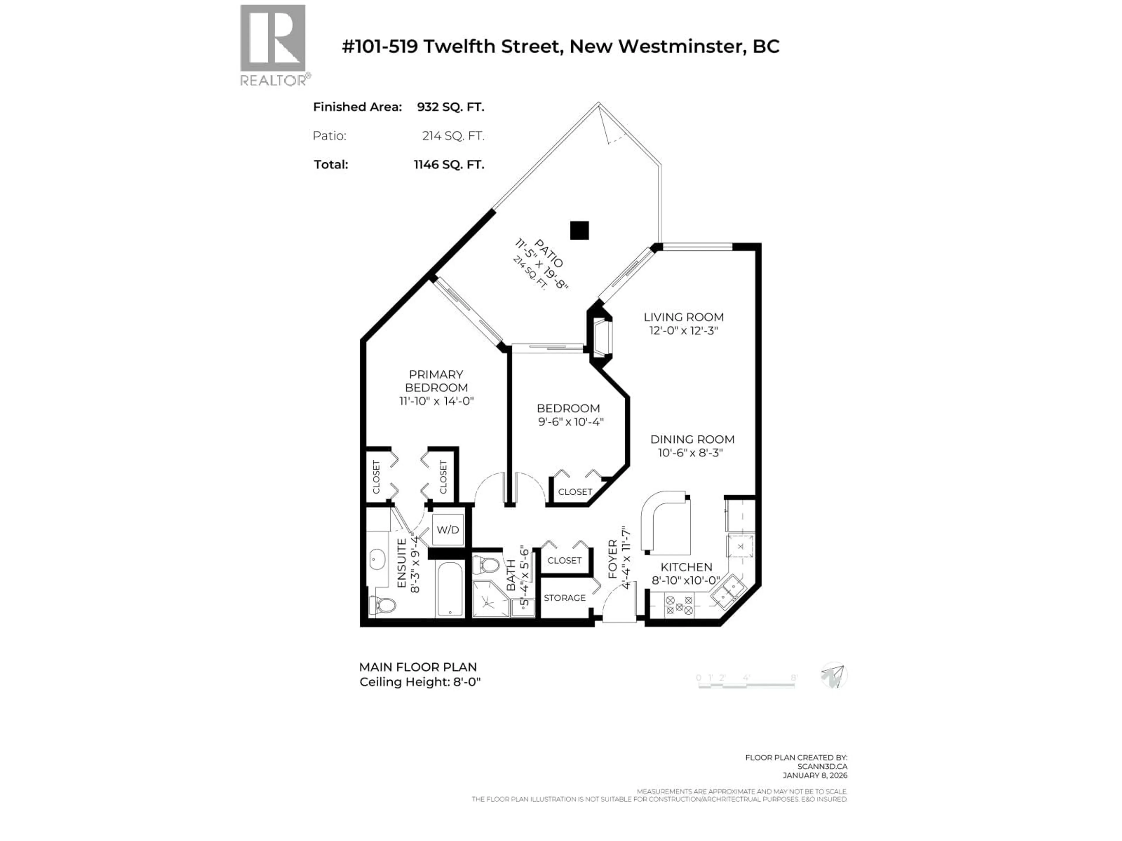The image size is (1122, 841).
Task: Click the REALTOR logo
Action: pyautogui.click(x=273, y=45)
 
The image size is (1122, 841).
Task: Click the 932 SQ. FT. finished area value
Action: pyautogui.click(x=451, y=107)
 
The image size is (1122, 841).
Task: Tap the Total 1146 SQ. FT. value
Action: pyautogui.click(x=449, y=165)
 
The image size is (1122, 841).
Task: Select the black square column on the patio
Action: pyautogui.click(x=579, y=230)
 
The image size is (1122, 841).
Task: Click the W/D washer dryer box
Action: pyautogui.click(x=447, y=530)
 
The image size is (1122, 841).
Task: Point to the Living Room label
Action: pyautogui.click(x=683, y=317)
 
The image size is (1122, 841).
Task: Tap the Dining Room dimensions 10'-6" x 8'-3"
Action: pyautogui.click(x=690, y=453)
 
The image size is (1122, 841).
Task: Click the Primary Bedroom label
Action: pyautogui.click(x=436, y=381)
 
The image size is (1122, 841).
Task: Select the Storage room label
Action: pyautogui.click(x=565, y=598)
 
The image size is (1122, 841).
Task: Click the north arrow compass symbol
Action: pyautogui.click(x=833, y=675)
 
